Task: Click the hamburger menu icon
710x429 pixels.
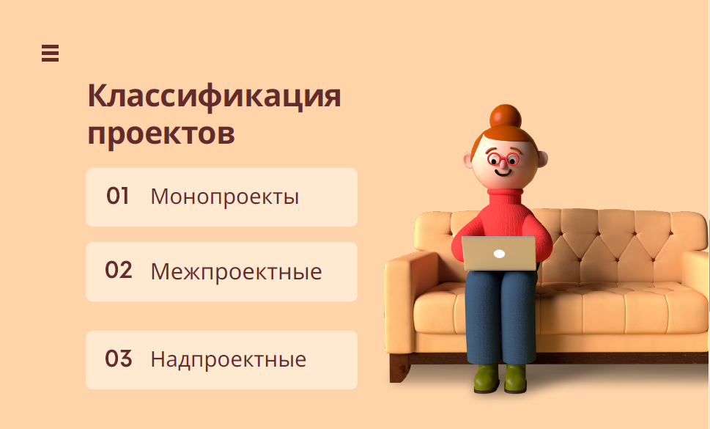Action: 50,53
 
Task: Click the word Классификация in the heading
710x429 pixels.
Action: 214,97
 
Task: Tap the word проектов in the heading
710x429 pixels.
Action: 161,133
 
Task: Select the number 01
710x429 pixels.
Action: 117,196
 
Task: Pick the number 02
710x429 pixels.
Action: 118,270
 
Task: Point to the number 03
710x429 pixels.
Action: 118,359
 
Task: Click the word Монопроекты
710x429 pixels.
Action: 225,197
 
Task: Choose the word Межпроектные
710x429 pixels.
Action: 236,272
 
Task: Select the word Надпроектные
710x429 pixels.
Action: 228,359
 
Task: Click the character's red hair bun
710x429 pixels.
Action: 506,117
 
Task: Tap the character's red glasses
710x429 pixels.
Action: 503,159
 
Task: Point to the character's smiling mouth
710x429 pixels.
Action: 503,172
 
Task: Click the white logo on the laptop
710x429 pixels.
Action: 499,254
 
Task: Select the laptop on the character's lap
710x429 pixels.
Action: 498,253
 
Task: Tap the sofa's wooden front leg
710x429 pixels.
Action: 399,368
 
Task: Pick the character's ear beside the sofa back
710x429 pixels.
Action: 542,159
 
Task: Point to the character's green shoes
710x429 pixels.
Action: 500,378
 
